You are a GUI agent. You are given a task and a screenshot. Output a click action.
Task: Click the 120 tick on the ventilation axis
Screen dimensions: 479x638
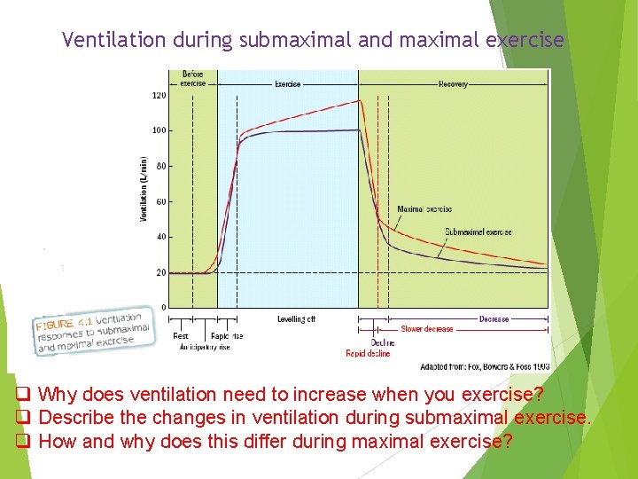click(x=159, y=95)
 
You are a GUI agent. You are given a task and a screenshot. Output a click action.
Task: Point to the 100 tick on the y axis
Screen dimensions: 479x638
click(x=159, y=130)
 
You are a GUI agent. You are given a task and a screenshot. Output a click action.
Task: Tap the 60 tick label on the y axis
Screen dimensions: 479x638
click(x=160, y=201)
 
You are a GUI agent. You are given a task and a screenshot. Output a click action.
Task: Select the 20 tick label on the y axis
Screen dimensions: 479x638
click(x=160, y=272)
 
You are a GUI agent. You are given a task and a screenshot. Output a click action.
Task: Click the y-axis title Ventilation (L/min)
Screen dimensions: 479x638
click(x=144, y=189)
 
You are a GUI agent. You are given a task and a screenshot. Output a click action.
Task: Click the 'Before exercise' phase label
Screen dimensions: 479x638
click(x=193, y=79)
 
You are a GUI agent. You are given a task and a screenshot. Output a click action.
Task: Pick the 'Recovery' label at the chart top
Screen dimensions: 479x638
click(x=453, y=84)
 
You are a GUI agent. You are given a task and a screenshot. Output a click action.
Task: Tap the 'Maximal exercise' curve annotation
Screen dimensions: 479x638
click(x=424, y=209)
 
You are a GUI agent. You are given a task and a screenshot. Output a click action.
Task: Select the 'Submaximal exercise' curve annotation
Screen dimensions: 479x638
click(x=478, y=232)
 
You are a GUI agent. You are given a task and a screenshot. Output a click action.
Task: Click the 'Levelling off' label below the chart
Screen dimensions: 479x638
click(x=296, y=319)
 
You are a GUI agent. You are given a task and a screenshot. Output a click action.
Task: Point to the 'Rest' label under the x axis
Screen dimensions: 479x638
click(x=181, y=336)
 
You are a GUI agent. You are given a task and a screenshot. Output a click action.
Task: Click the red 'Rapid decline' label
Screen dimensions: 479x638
click(x=368, y=353)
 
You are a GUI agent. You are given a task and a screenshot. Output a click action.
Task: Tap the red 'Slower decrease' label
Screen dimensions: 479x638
click(x=427, y=329)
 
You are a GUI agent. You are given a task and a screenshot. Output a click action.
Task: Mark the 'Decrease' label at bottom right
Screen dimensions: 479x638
click(x=494, y=319)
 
